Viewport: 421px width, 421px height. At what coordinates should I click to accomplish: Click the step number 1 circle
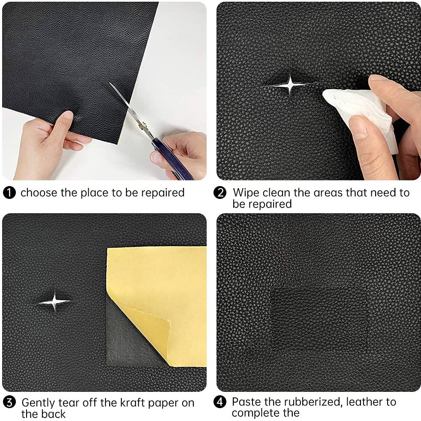pos(9,193)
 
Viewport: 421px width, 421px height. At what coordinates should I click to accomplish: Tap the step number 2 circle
pos(220,193)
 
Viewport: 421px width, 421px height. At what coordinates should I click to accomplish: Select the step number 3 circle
pos(9,403)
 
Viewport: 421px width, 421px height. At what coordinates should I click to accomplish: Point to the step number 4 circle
pos(220,403)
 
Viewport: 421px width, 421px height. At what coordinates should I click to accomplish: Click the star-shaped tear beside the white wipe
pos(290,84)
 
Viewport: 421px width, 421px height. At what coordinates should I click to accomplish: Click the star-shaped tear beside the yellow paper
pos(55,302)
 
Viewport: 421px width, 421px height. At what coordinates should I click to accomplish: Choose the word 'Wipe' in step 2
pos(246,192)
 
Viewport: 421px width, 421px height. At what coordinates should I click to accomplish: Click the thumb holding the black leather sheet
pos(64,121)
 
